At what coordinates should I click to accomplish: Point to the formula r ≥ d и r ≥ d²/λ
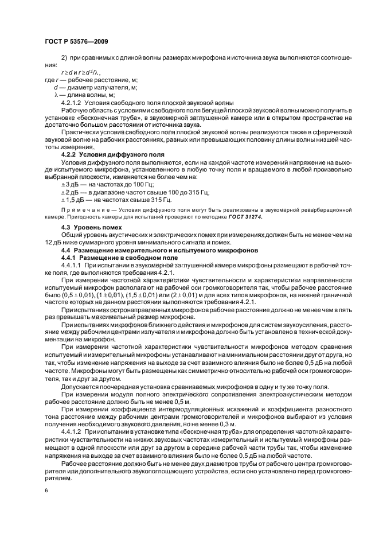point(77,73)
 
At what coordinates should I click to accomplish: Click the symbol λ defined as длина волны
point(56,95)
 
